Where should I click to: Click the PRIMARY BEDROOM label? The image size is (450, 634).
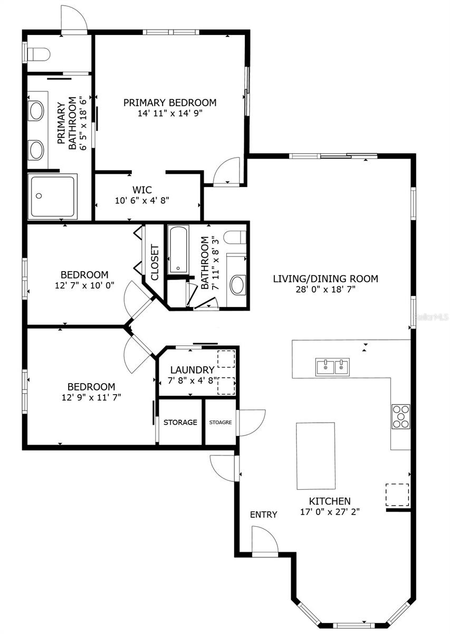[170, 102]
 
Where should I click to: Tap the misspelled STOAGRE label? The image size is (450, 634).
[221, 422]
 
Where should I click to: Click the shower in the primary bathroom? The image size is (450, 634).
[53, 197]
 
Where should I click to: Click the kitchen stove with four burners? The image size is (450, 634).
[400, 416]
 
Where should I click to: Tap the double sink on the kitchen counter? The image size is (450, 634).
[333, 367]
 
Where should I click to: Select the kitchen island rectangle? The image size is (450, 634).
[315, 456]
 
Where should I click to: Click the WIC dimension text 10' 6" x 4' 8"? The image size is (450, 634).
[142, 200]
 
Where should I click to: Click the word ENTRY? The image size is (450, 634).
[263, 515]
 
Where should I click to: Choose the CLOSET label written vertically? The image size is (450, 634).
[155, 263]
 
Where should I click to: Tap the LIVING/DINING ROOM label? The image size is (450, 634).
[325, 279]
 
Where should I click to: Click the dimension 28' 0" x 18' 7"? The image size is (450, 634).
[325, 289]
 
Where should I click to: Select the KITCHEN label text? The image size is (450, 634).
[330, 501]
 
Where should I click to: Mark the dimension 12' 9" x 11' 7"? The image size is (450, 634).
[91, 397]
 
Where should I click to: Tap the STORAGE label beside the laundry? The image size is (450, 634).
[180, 422]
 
